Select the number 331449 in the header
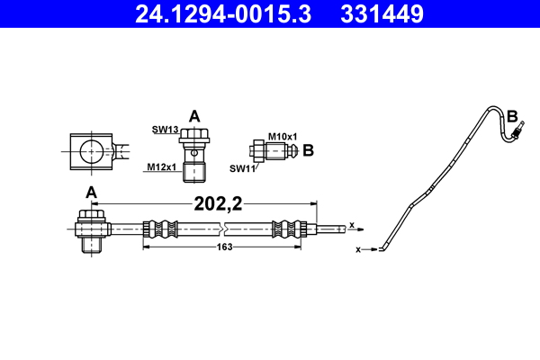click(381, 14)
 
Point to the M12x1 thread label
click(162, 166)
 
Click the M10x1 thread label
click(282, 136)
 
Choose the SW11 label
click(241, 167)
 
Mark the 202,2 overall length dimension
click(219, 204)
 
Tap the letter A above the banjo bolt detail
click(194, 115)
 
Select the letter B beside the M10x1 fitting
click(308, 150)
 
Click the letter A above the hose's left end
click(91, 192)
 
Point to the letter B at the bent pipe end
click(512, 116)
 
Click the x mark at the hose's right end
click(352, 224)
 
